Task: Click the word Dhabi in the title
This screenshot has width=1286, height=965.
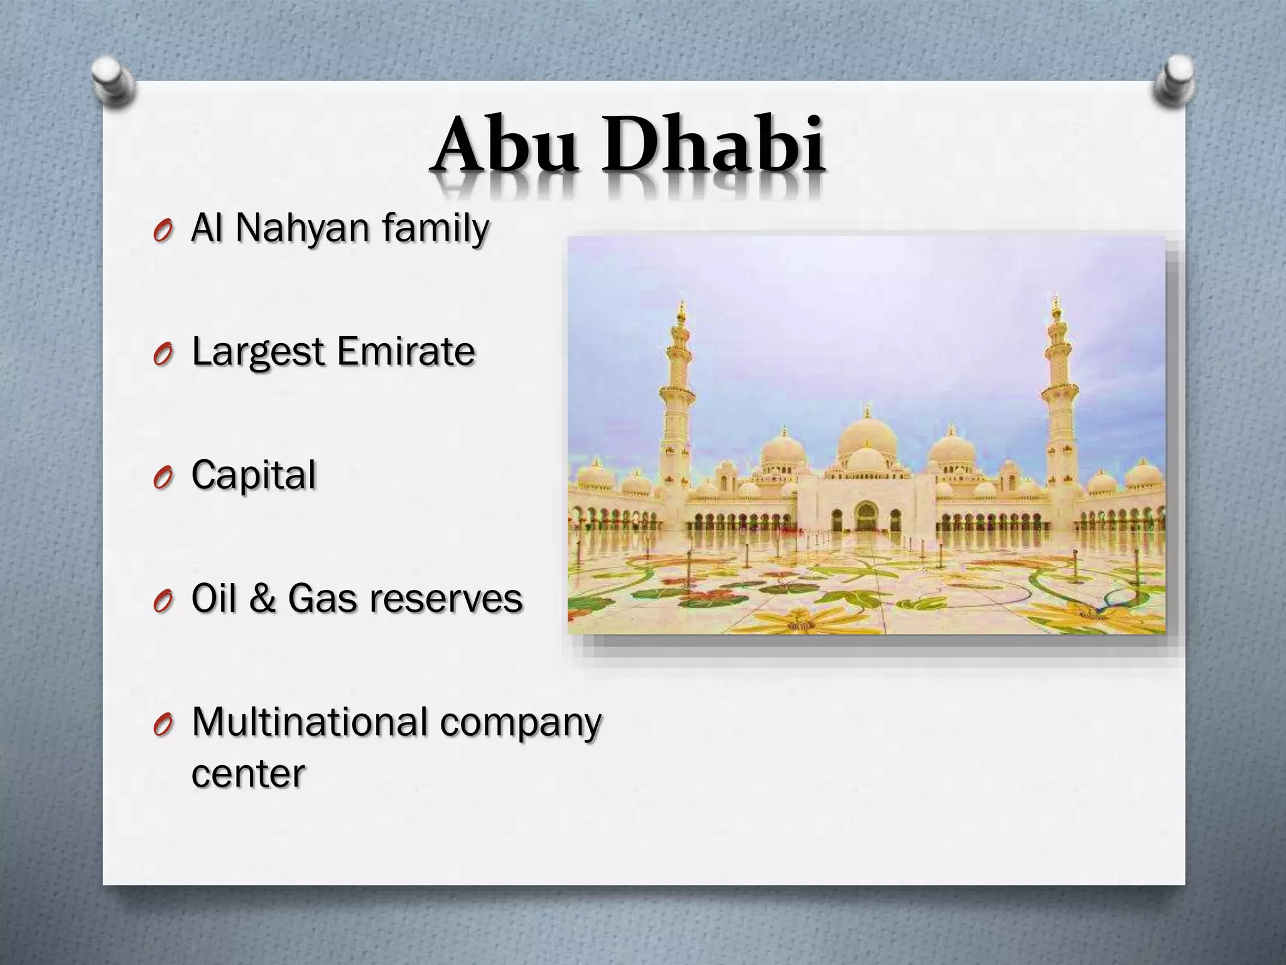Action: [x=712, y=145]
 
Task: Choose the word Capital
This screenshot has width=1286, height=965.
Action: [x=253, y=476]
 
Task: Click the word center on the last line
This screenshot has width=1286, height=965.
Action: [x=247, y=774]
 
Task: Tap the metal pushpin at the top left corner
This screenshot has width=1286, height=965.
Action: [x=113, y=82]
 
